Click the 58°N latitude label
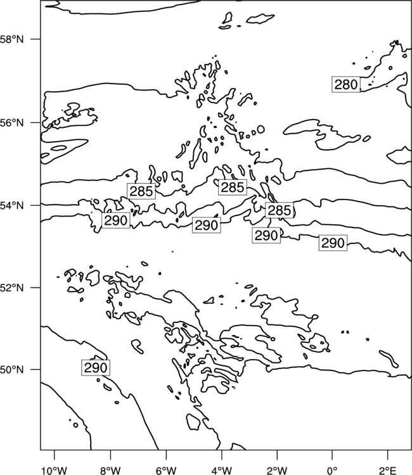coord(12,39)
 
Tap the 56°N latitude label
coord(12,123)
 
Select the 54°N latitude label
coord(12,205)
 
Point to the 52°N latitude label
coord(12,288)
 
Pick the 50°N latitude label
coord(12,370)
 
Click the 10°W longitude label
coord(55,471)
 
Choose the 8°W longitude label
coord(110,471)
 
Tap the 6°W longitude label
coord(166,471)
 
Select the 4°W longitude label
coord(221,471)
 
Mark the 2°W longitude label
coord(277,471)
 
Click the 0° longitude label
coord(332,471)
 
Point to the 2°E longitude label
coord(388,471)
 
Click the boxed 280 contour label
coord(346,84)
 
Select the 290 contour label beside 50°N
coord(96,368)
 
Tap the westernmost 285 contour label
coord(141,191)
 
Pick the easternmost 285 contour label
coord(280,210)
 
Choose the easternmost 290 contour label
coord(333,243)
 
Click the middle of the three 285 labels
coord(233,187)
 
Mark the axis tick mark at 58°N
coord(35,39)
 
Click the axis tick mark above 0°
coord(332,455)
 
